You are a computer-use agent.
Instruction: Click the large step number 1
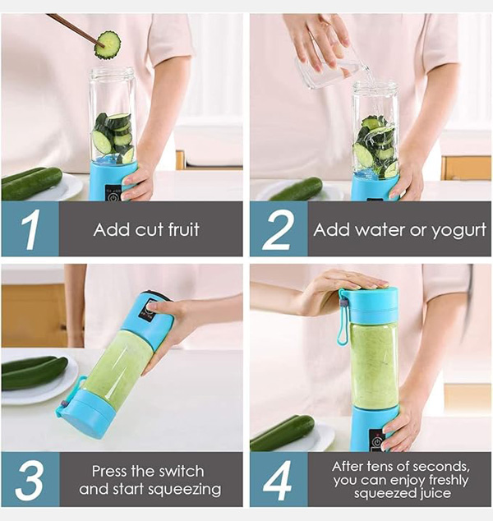point(31,229)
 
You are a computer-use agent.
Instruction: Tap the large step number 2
point(278,230)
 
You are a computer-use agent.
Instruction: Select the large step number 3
point(30,480)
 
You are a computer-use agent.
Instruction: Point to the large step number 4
point(278,480)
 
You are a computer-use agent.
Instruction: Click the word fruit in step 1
point(184,229)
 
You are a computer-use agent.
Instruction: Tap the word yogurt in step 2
point(458,231)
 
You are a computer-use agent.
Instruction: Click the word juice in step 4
point(435,494)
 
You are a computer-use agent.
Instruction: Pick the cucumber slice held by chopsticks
point(108,45)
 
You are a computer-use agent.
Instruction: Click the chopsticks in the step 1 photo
point(75,30)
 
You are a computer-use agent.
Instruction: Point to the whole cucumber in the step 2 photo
point(297,189)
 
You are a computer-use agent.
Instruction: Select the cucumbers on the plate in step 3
point(35,372)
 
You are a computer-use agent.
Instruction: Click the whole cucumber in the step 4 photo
point(283,433)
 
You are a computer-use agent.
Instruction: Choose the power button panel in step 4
point(376,440)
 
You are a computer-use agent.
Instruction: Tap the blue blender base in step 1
point(113,181)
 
